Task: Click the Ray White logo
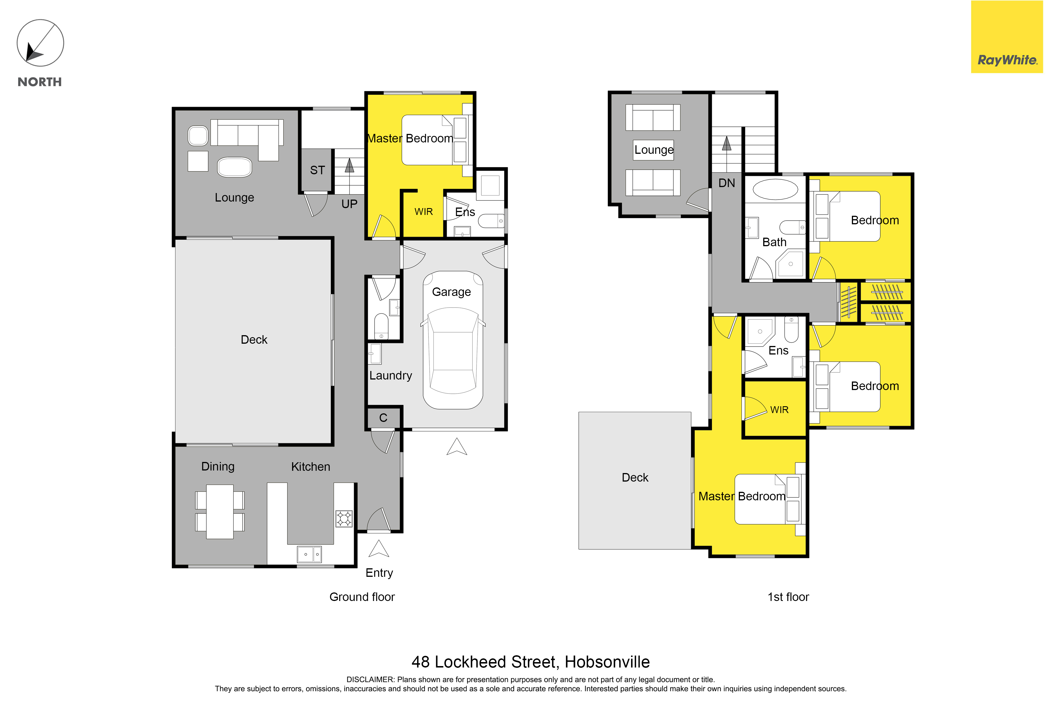[1007, 37]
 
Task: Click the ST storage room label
[317, 170]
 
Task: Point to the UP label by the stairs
[350, 204]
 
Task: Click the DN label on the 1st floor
[727, 183]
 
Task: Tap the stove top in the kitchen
[344, 519]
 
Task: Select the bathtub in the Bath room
[775, 189]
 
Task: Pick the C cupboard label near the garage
[383, 418]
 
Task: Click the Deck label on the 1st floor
[635, 478]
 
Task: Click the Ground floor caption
[362, 597]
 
